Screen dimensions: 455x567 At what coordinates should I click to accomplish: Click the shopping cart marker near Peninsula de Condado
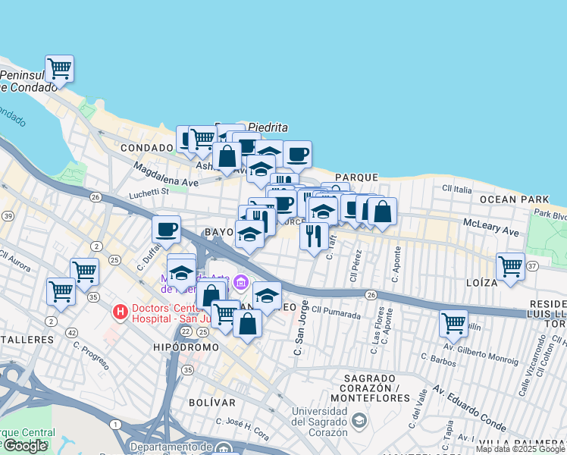pyautogui.click(x=59, y=69)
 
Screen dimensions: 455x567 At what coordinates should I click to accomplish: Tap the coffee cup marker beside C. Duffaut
pyautogui.click(x=166, y=229)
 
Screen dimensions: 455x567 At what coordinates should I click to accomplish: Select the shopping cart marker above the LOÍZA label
pyautogui.click(x=510, y=267)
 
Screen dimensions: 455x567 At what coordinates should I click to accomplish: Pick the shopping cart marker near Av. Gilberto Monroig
pyautogui.click(x=453, y=324)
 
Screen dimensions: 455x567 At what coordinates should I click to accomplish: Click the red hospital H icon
pyautogui.click(x=119, y=311)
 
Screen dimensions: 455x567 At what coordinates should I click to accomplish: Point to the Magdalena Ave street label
pyautogui.click(x=165, y=174)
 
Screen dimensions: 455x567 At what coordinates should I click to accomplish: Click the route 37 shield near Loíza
pyautogui.click(x=532, y=266)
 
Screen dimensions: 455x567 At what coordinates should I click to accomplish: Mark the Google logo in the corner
pyautogui.click(x=25, y=446)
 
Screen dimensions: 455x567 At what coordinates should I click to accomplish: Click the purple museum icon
pyautogui.click(x=240, y=283)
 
